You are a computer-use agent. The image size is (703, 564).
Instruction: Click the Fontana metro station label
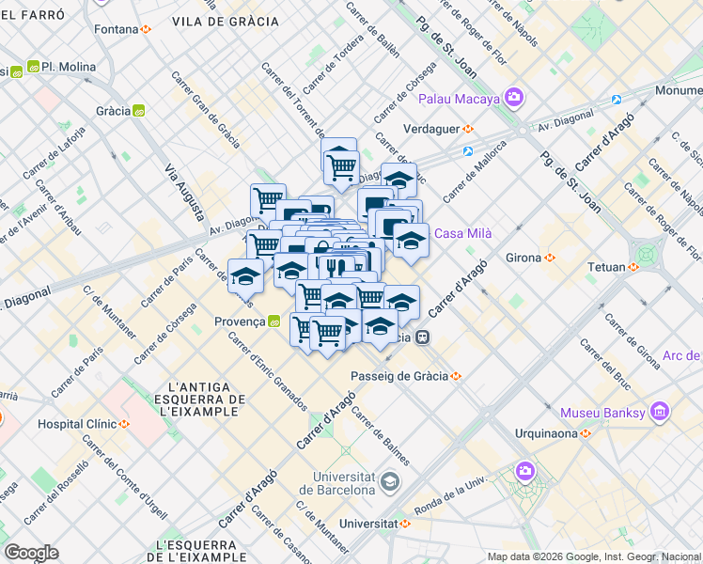click(117, 29)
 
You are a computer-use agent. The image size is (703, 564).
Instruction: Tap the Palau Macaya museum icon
click(513, 97)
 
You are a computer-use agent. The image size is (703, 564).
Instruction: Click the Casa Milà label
click(462, 234)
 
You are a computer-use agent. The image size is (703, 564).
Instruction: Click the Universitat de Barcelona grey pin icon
click(388, 483)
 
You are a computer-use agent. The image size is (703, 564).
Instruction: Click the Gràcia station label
click(114, 111)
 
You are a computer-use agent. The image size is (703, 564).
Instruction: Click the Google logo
click(31, 553)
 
